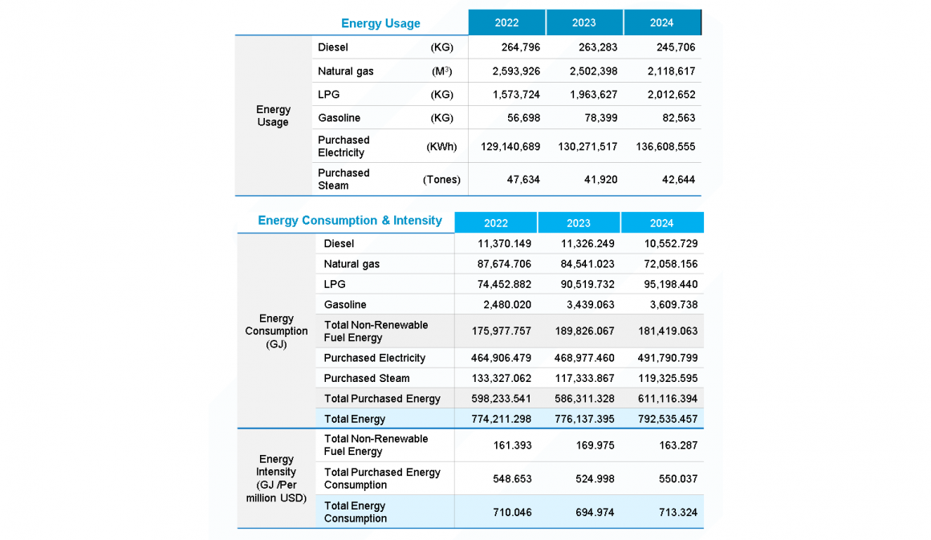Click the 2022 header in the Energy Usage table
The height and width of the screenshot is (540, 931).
[506, 22]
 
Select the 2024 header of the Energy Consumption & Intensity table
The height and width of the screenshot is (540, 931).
[661, 223]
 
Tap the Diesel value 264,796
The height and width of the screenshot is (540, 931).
[520, 47]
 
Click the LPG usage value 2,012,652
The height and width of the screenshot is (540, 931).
[671, 94]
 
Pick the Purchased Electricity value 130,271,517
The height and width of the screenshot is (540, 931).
[587, 146]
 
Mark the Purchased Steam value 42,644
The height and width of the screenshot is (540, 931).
[678, 179]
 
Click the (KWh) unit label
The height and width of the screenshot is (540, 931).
[441, 146]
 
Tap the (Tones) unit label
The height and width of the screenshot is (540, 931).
[441, 179]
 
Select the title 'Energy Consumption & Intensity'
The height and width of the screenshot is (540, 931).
[350, 221]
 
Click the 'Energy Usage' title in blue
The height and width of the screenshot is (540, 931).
[380, 23]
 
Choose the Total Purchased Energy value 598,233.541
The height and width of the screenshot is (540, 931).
[492, 399]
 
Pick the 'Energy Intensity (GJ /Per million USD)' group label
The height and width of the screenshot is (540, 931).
[276, 478]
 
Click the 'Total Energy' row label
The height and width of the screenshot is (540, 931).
[354, 419]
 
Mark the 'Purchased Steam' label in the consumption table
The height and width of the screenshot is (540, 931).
[366, 378]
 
